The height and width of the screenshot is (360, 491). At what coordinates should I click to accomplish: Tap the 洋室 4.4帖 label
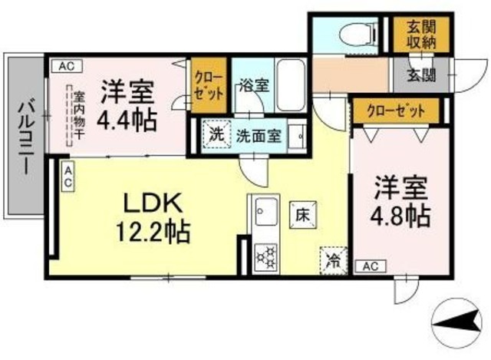(x=126, y=106)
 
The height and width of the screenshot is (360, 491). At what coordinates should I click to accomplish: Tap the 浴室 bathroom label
(x=254, y=84)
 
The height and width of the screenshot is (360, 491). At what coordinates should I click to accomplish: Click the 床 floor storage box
(x=299, y=214)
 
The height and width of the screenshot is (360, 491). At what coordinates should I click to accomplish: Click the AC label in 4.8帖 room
(x=370, y=266)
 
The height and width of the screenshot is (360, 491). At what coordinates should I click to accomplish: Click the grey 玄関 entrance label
(x=420, y=75)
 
